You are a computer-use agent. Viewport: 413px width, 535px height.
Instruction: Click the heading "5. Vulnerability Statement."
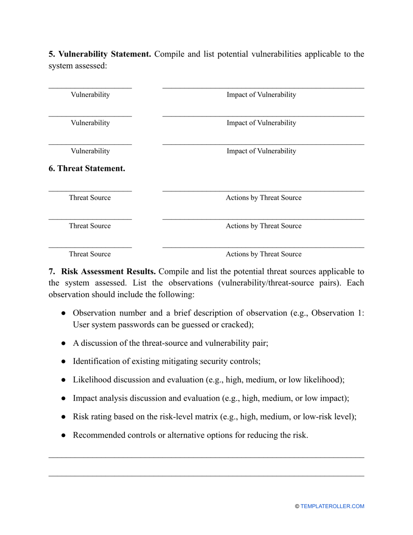click(100, 54)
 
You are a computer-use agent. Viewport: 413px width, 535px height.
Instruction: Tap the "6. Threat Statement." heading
click(87, 169)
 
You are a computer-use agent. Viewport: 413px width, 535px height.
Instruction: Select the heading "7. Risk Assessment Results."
click(102, 272)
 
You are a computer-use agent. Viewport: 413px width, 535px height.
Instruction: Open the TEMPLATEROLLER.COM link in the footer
click(332, 506)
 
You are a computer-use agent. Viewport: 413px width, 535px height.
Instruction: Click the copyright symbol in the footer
click(297, 506)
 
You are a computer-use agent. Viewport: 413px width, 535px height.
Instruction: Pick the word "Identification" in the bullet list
click(96, 361)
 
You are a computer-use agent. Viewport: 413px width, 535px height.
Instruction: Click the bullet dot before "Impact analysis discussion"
click(63, 398)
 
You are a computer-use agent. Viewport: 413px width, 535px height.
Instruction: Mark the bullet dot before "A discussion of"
click(63, 343)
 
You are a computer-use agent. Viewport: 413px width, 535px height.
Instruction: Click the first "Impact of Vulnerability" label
click(261, 95)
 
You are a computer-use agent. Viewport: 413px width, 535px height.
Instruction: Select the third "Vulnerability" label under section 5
click(90, 151)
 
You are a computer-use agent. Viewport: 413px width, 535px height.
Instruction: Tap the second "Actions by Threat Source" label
click(263, 226)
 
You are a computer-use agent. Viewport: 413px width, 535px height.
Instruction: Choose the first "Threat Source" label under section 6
click(90, 198)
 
